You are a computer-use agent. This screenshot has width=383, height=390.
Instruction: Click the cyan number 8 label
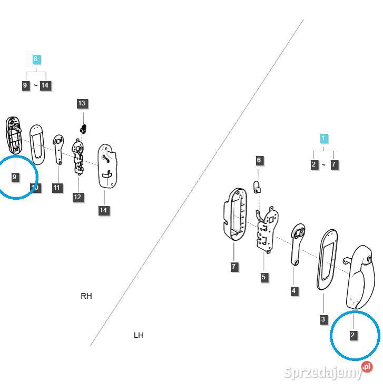[35, 59]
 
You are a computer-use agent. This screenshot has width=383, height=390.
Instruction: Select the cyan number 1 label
[324, 139]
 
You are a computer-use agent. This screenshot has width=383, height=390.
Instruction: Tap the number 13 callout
[81, 103]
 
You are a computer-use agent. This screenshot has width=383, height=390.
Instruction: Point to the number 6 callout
[259, 160]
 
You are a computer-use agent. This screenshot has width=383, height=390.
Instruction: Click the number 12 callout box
[78, 197]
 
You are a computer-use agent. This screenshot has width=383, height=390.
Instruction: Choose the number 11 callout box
[57, 188]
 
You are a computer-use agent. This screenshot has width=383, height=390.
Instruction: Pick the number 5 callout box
[264, 277]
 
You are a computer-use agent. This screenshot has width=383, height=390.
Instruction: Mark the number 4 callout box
[294, 291]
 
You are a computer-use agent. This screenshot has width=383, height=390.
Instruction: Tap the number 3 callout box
[323, 319]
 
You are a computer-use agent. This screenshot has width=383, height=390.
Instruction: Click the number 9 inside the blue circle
[15, 177]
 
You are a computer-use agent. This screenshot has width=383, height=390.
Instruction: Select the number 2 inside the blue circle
[353, 335]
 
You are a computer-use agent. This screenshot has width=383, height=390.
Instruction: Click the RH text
[86, 296]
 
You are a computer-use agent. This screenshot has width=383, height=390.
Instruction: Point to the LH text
[139, 335]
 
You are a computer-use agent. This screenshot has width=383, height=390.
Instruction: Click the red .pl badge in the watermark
[367, 367]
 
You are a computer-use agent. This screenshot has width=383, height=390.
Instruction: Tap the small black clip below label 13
[83, 128]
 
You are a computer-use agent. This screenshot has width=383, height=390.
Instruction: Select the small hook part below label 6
[258, 186]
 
